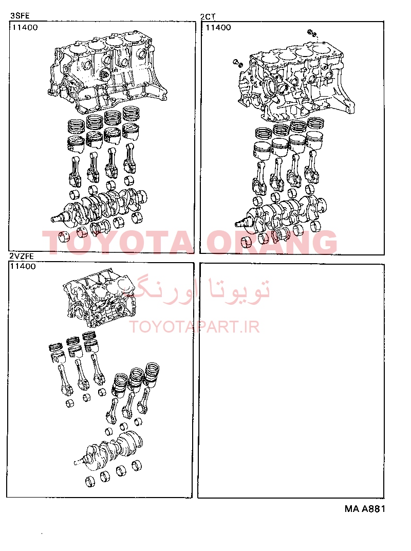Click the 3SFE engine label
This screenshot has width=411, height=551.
tap(20, 16)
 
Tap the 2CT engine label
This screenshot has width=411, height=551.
tap(208, 17)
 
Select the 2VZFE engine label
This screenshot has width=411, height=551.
tap(22, 256)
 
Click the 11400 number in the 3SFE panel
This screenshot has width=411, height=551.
tap(25, 27)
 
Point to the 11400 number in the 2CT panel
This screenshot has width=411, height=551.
tap(218, 27)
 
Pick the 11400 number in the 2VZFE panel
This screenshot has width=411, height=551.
tap(23, 266)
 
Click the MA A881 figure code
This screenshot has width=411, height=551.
tap(365, 509)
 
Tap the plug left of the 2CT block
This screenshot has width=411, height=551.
tap(238, 64)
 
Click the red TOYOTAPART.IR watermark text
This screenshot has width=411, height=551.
tap(195, 327)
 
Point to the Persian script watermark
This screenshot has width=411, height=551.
tap(197, 290)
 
